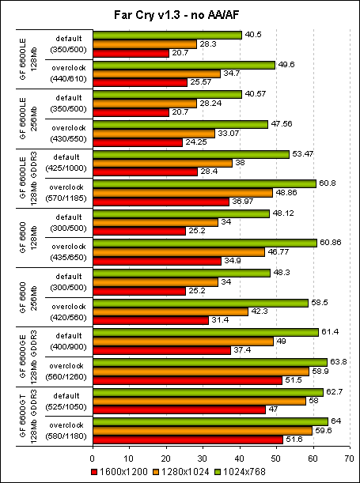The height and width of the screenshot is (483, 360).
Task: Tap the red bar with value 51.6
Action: [x=188, y=439]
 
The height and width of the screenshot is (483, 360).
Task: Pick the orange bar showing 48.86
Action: [x=183, y=192]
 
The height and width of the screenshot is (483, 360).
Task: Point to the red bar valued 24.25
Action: [x=138, y=142]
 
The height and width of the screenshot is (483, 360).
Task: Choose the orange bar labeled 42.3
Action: [x=170, y=311]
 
